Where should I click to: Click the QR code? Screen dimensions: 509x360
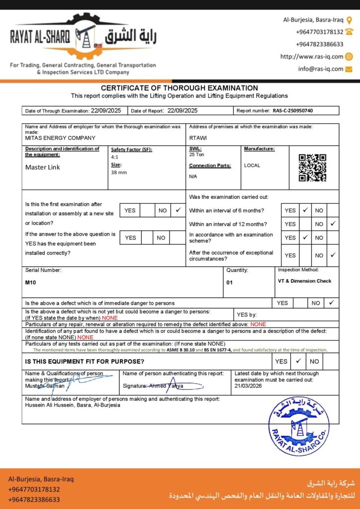click(x=312, y=168)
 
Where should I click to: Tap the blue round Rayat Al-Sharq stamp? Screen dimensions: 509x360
click(x=298, y=426)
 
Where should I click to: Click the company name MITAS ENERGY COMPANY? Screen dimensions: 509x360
click(x=60, y=138)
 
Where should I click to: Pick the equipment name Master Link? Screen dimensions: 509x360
click(x=43, y=167)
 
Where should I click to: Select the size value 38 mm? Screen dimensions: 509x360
click(x=119, y=172)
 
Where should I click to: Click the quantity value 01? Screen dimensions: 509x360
click(x=230, y=282)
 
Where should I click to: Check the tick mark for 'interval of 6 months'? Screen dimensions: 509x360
click(x=305, y=210)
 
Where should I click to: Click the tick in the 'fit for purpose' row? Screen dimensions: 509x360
click(x=298, y=361)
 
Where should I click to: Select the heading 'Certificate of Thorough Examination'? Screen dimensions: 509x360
click(x=180, y=88)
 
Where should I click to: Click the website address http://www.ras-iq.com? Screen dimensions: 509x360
click(x=312, y=57)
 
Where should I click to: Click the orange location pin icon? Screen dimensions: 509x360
click(x=349, y=20)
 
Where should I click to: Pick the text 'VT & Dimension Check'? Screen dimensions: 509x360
click(x=304, y=281)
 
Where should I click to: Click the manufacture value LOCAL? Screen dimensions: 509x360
click(x=252, y=166)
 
